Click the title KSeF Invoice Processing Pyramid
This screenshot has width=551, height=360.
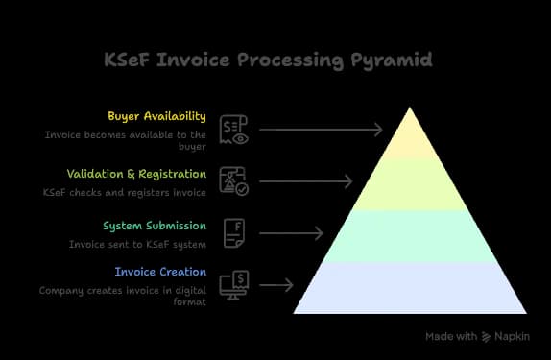[268, 60]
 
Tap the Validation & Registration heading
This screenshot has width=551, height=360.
[136, 174]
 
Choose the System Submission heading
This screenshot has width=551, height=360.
[155, 227]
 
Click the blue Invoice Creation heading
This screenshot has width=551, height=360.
[160, 272]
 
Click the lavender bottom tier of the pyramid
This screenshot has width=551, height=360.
[410, 287]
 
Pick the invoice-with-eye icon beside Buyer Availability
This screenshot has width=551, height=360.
[235, 129]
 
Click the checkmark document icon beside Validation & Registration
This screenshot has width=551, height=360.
[235, 180]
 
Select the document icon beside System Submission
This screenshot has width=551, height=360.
[234, 233]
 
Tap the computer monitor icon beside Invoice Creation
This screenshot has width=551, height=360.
[234, 285]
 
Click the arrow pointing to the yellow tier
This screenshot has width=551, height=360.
[322, 129]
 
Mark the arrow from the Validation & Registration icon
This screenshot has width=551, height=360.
[306, 180]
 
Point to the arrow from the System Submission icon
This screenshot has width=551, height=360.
[291, 233]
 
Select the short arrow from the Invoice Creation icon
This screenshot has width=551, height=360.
[276, 285]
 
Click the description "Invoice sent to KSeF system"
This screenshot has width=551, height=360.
[137, 245]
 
